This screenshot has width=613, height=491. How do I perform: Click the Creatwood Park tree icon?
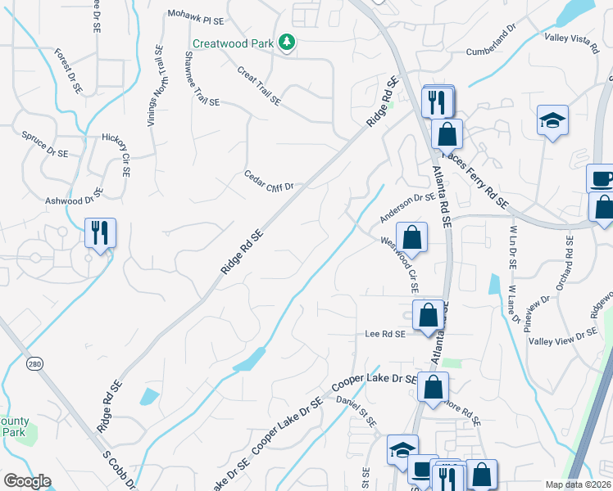[x=286, y=42]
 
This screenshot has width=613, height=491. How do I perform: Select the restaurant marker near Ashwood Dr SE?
[x=101, y=232]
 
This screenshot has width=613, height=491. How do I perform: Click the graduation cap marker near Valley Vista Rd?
[x=553, y=120]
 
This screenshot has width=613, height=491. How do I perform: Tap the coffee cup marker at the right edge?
[x=602, y=178]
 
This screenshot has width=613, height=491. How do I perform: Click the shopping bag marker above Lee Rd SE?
[x=428, y=314]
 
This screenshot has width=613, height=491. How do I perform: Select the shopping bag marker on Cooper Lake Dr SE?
[x=433, y=386]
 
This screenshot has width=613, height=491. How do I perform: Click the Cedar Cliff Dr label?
[x=268, y=182]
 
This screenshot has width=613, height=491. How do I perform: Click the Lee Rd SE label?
[x=385, y=334]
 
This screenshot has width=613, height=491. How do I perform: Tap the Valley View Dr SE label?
[x=563, y=336]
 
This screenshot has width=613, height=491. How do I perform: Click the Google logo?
[x=27, y=481]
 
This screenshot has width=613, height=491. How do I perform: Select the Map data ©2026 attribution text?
[x=577, y=484]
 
